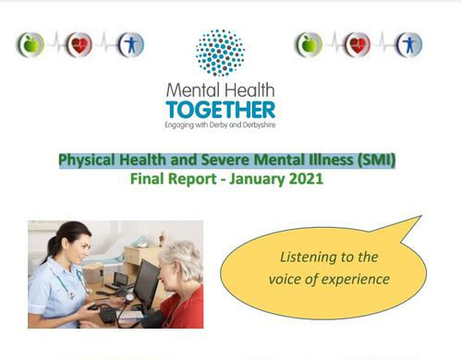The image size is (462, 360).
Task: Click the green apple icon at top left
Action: (x=30, y=44)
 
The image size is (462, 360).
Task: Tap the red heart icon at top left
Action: (x=80, y=44)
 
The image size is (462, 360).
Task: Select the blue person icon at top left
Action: (x=130, y=44)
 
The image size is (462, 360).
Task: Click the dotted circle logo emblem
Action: (x=220, y=52)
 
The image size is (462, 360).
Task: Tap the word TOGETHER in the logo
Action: (x=220, y=109)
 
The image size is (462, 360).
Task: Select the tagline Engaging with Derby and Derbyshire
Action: (x=220, y=125)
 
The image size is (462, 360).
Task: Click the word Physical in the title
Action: (x=88, y=162)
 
